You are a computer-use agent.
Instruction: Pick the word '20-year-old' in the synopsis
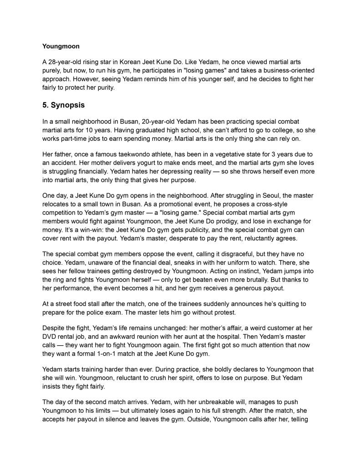tap(160, 122)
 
